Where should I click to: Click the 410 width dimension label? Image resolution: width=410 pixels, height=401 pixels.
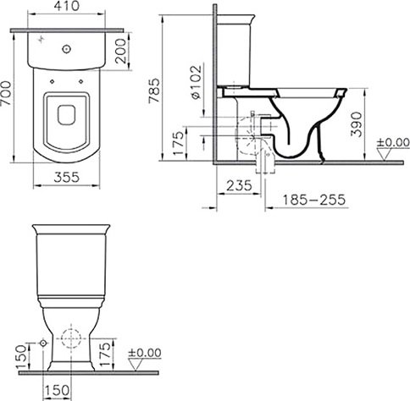click(67, 6)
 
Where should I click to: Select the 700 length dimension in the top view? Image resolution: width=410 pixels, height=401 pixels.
click(6, 93)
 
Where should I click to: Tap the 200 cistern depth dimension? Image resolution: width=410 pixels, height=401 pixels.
click(120, 51)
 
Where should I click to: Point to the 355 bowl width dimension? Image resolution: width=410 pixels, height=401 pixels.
click(67, 178)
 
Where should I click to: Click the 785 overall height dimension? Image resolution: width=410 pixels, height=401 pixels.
click(154, 91)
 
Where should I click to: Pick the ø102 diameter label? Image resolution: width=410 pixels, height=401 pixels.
click(197, 82)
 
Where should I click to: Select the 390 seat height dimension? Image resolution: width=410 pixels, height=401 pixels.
click(357, 124)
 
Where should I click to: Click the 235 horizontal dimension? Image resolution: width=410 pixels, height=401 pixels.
click(239, 185)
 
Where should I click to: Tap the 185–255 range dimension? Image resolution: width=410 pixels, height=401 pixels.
click(313, 200)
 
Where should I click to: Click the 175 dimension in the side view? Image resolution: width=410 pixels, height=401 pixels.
click(179, 143)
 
